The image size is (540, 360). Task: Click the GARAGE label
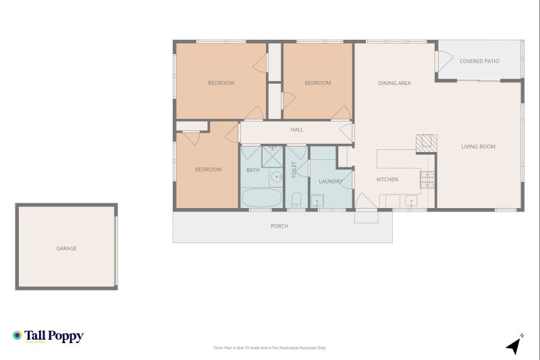point(66,249)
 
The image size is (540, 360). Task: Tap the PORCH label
point(279,226)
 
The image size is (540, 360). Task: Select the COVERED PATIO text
point(479,61)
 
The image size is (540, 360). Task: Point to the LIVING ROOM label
point(478,147)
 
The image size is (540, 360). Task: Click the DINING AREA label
point(394,84)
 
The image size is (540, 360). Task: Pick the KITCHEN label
point(387,180)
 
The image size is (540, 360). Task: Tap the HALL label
point(296,130)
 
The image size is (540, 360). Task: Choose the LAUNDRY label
point(331,182)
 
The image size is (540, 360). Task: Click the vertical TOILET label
point(294,170)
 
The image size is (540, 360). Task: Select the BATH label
point(252,170)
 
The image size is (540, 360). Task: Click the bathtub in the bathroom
point(261,199)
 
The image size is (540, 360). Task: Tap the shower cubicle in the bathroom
point(273,155)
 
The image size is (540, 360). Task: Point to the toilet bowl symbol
point(296,199)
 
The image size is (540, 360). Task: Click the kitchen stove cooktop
point(427,180)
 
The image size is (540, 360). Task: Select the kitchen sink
point(410,200)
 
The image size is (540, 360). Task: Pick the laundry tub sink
point(317,201)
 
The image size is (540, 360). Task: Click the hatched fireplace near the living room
point(426,142)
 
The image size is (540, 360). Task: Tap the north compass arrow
point(514,345)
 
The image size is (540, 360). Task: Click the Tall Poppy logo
point(48,336)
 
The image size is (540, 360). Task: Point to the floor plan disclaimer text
point(269,348)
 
